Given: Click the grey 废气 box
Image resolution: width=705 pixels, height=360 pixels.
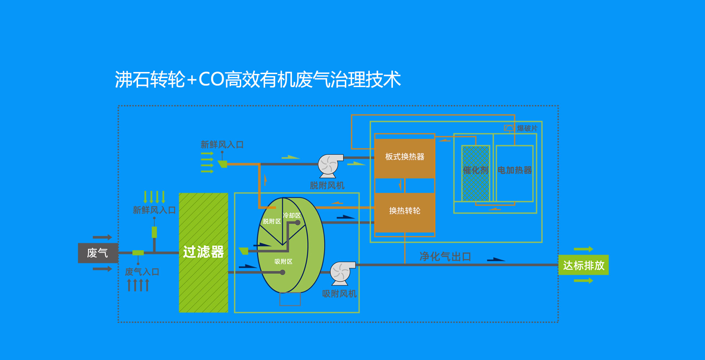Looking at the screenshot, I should click(98, 253).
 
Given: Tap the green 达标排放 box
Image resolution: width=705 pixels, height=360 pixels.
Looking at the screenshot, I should click(583, 265).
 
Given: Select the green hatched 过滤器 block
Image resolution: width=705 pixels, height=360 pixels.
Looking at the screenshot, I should click(203, 253).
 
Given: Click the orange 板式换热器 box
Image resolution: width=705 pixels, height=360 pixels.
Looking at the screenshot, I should click(405, 157).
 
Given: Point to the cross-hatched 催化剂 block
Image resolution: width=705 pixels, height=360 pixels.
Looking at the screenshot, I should click(476, 173).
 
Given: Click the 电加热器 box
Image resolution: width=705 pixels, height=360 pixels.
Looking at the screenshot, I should click(514, 173).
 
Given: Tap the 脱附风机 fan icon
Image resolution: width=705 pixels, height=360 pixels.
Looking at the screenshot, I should click(329, 165).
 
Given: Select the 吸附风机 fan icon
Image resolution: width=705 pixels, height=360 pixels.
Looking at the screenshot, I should click(342, 273).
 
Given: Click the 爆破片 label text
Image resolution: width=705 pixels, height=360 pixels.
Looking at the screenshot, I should click(527, 128).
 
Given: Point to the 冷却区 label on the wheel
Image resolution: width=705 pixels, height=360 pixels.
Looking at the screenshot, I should click(292, 216).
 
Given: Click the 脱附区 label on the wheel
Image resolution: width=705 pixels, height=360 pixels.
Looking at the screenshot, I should click(272, 222).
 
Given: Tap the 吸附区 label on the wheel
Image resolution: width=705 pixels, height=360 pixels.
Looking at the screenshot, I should click(283, 262).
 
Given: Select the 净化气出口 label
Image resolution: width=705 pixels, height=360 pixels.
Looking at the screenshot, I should click(445, 256).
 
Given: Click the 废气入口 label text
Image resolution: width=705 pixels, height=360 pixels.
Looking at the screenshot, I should click(142, 272).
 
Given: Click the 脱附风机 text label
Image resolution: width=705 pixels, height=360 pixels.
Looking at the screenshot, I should click(327, 186).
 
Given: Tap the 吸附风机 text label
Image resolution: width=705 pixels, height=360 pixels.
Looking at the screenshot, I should click(339, 294).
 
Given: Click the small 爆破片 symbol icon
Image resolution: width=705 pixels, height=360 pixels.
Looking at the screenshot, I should click(509, 128).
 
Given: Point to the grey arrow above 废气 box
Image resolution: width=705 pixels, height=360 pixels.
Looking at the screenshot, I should click(102, 237).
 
